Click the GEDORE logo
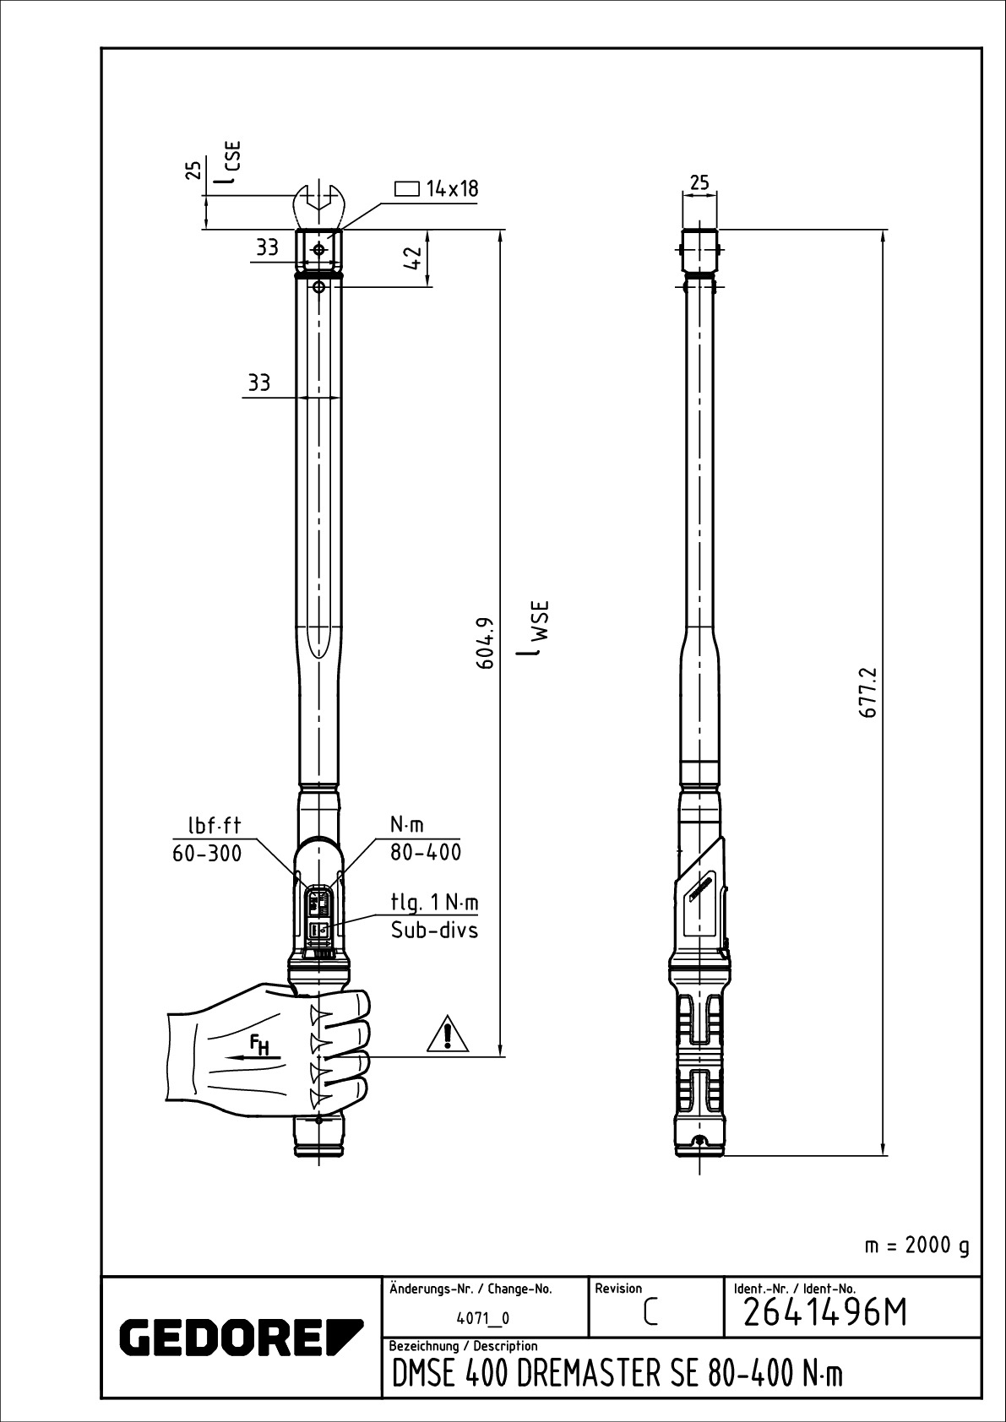click(x=242, y=1336)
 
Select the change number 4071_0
click(x=483, y=1318)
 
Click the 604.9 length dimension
click(x=486, y=643)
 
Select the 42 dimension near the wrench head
click(x=413, y=258)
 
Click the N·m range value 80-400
click(x=426, y=852)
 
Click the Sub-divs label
click(x=434, y=931)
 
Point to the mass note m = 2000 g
click(x=916, y=1246)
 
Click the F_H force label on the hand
click(x=258, y=1045)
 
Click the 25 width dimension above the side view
click(x=699, y=182)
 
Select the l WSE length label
click(x=535, y=629)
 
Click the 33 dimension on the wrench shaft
click(x=258, y=383)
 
